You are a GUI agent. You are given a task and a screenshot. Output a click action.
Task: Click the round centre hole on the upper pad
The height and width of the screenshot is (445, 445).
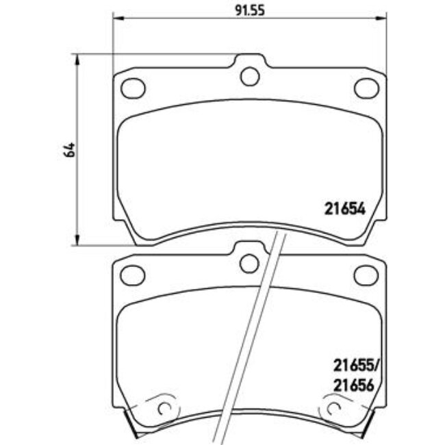(x=250, y=76)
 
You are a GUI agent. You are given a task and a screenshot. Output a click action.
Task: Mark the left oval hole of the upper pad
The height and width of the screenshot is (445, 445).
(x=132, y=88)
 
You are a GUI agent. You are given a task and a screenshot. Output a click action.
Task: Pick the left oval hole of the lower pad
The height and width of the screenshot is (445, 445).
(x=132, y=275)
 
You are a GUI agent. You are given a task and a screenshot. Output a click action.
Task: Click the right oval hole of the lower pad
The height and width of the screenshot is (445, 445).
(x=366, y=275)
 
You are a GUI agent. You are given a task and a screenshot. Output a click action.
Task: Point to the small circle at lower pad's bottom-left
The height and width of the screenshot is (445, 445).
(x=164, y=409)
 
